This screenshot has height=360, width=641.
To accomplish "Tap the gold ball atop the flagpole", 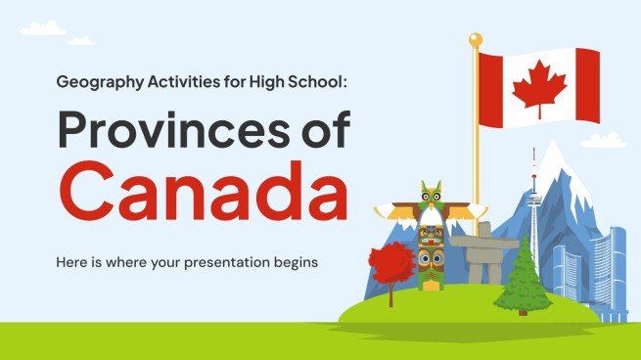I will [476, 40].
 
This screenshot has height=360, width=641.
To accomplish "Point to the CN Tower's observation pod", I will [534, 199].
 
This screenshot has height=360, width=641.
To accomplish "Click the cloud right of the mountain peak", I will [603, 141].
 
